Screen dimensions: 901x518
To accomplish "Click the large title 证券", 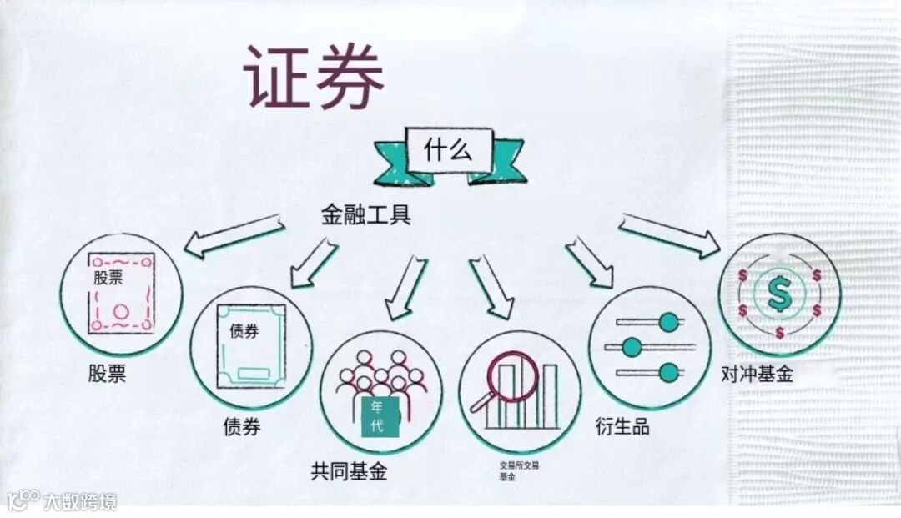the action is click(x=315, y=76).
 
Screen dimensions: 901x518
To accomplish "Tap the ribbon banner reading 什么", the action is click(x=449, y=152).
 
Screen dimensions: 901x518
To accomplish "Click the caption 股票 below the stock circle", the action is click(x=108, y=373).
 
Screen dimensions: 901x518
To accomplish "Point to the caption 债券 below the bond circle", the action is click(x=241, y=426).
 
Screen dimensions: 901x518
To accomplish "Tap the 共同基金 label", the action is click(x=349, y=472).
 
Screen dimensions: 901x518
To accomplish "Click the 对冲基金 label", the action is click(x=757, y=375).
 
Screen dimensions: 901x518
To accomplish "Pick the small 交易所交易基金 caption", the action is click(x=519, y=470).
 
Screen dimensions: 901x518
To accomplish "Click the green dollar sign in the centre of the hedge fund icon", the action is click(x=780, y=294).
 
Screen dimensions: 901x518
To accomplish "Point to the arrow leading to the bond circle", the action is click(x=314, y=262).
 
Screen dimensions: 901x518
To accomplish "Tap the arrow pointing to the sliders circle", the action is click(x=589, y=262).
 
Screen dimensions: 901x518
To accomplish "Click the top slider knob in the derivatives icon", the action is click(x=668, y=322).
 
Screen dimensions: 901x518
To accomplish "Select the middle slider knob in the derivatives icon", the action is click(x=632, y=346).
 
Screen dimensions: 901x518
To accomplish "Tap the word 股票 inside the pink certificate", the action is click(x=108, y=278).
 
